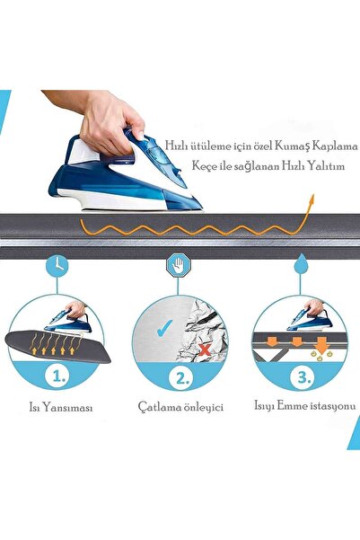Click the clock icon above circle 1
pos(58,266)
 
